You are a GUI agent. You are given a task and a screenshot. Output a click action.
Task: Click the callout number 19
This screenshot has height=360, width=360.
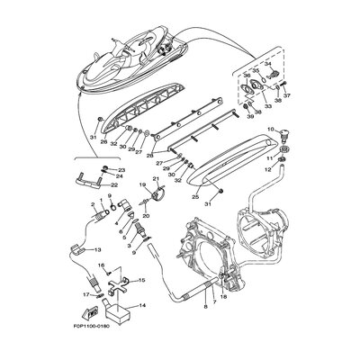[x=141, y=185]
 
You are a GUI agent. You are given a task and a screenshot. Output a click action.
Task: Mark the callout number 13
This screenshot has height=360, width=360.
[x=97, y=248]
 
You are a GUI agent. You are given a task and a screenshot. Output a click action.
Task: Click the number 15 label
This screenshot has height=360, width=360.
[x=142, y=281]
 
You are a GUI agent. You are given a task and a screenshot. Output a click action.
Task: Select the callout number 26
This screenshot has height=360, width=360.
[x=105, y=140]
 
